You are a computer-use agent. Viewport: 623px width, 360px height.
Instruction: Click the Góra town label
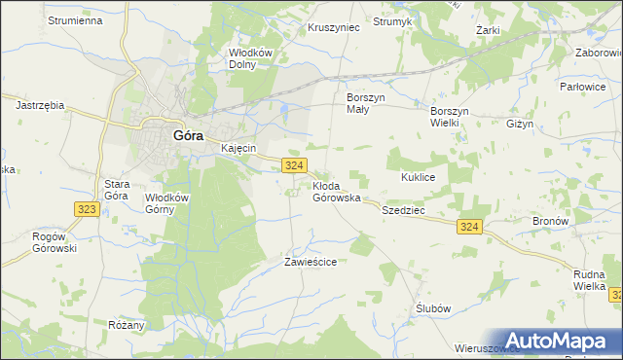[188, 136]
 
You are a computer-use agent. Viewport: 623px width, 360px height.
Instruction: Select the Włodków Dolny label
[249, 59]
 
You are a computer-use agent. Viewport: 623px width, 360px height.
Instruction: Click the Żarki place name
[488, 30]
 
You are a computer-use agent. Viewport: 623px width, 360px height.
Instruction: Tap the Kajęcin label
[238, 148]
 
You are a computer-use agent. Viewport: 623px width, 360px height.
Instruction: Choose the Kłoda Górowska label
[337, 192]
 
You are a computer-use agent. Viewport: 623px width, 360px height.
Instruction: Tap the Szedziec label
[405, 210]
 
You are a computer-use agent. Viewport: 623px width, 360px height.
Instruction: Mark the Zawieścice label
[311, 262]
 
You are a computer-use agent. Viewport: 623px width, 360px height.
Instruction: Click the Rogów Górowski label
[55, 242]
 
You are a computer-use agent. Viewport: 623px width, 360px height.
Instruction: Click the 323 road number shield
[85, 209]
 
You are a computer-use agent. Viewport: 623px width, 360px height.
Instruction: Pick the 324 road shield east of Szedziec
[469, 227]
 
